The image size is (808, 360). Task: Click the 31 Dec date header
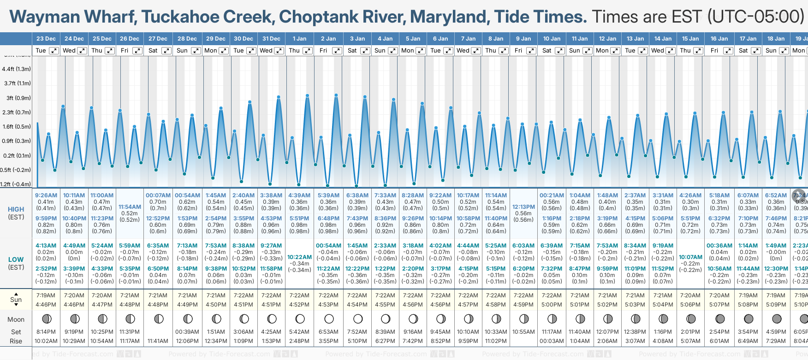coord(271,39)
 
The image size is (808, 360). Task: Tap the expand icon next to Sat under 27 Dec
coord(166,51)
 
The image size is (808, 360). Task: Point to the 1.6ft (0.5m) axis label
coord(17,127)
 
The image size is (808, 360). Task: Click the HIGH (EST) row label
coord(16,213)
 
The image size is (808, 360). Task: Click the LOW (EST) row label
coord(16,263)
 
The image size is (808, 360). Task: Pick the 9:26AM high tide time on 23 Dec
coord(46,195)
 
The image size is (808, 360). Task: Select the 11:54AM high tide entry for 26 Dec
coord(130,207)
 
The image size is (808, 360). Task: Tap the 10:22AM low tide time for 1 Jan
coord(299,257)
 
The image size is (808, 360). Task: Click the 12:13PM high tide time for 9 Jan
coord(523,207)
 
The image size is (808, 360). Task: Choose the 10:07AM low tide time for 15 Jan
coord(690,257)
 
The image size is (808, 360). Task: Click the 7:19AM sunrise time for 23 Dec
coord(46,295)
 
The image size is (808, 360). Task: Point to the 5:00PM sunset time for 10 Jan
coord(552,305)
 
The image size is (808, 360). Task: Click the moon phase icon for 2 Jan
coord(329,319)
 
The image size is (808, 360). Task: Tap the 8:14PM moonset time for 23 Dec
coord(46,332)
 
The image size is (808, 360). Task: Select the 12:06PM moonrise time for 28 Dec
coord(188,341)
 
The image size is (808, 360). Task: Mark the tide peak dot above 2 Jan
coord(336,95)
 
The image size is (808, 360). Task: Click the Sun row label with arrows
coord(16,300)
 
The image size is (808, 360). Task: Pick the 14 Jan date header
coord(663,39)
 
